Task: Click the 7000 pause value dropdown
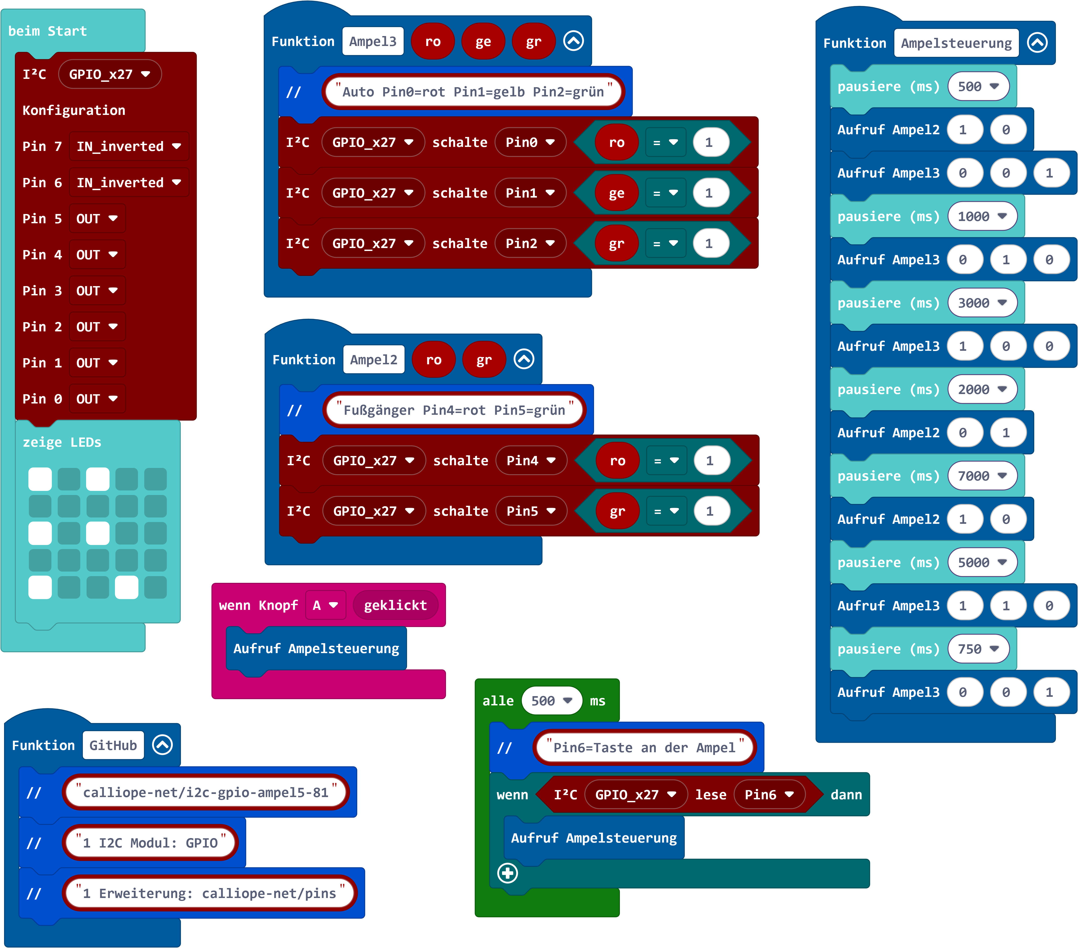coord(982,476)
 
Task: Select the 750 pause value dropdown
coord(978,649)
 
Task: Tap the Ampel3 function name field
coord(372,42)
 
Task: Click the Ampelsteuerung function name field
coord(956,43)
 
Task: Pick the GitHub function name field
coord(113,745)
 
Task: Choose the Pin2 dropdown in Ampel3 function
coord(530,244)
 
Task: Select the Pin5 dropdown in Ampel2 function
coord(531,511)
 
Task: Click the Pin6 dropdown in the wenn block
coord(769,795)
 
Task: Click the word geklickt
coord(395,605)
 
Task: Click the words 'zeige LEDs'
coord(62,442)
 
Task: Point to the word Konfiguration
coord(74,110)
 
